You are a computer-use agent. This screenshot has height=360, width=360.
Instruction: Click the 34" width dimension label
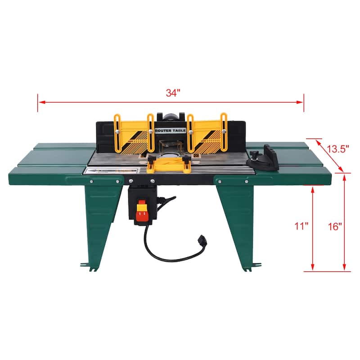(x=173, y=93)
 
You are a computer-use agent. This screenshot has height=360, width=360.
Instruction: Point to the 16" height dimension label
(x=335, y=226)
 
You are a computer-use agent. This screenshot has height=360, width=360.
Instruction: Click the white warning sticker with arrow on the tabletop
(x=111, y=171)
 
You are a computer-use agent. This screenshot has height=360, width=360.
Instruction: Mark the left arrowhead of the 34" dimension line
(x=40, y=103)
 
